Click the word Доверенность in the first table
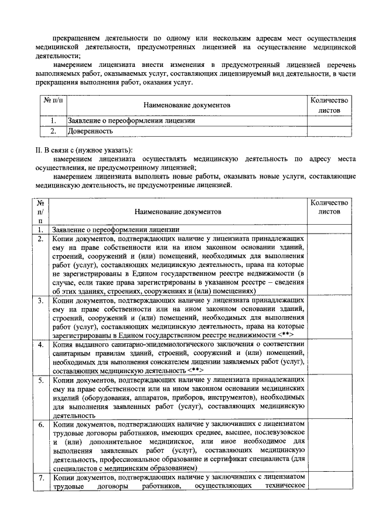[90, 131]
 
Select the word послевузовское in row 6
[264, 433]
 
